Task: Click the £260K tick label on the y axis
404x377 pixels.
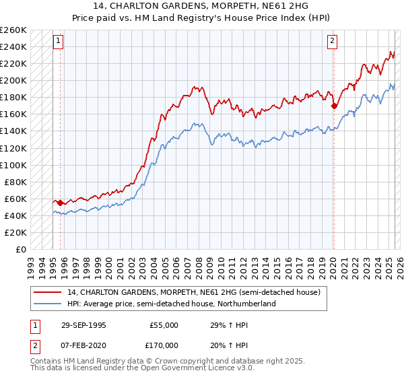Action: click(x=13, y=30)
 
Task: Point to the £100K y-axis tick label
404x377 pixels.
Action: click(x=13, y=165)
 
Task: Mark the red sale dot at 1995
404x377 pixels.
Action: click(x=61, y=203)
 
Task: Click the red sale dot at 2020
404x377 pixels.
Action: click(x=334, y=106)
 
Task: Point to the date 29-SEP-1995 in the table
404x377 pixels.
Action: click(x=83, y=325)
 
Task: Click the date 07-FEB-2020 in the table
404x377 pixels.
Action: click(x=83, y=344)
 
